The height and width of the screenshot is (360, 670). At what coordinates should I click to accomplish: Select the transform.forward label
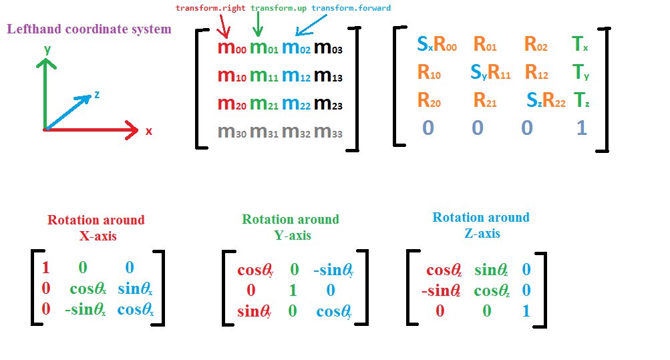coord(351,8)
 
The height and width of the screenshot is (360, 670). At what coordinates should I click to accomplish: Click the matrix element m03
coord(328,49)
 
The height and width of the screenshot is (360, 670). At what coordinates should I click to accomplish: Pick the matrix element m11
coord(263,77)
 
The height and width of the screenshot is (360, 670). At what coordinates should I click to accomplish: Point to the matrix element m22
coord(295,104)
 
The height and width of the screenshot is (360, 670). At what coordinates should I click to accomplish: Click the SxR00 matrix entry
coord(437,45)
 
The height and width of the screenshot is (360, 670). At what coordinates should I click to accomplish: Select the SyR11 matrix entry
coord(490,72)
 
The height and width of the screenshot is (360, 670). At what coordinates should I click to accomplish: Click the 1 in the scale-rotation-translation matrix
coord(581,128)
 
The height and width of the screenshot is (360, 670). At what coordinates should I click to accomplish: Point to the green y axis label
coord(46,49)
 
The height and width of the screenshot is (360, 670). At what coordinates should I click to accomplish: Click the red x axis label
coord(148,132)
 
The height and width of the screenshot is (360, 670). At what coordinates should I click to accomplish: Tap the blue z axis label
coord(97,95)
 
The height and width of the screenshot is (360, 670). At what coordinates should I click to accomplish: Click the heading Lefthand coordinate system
coord(89,29)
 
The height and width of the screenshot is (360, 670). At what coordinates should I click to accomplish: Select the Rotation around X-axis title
coord(96,226)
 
